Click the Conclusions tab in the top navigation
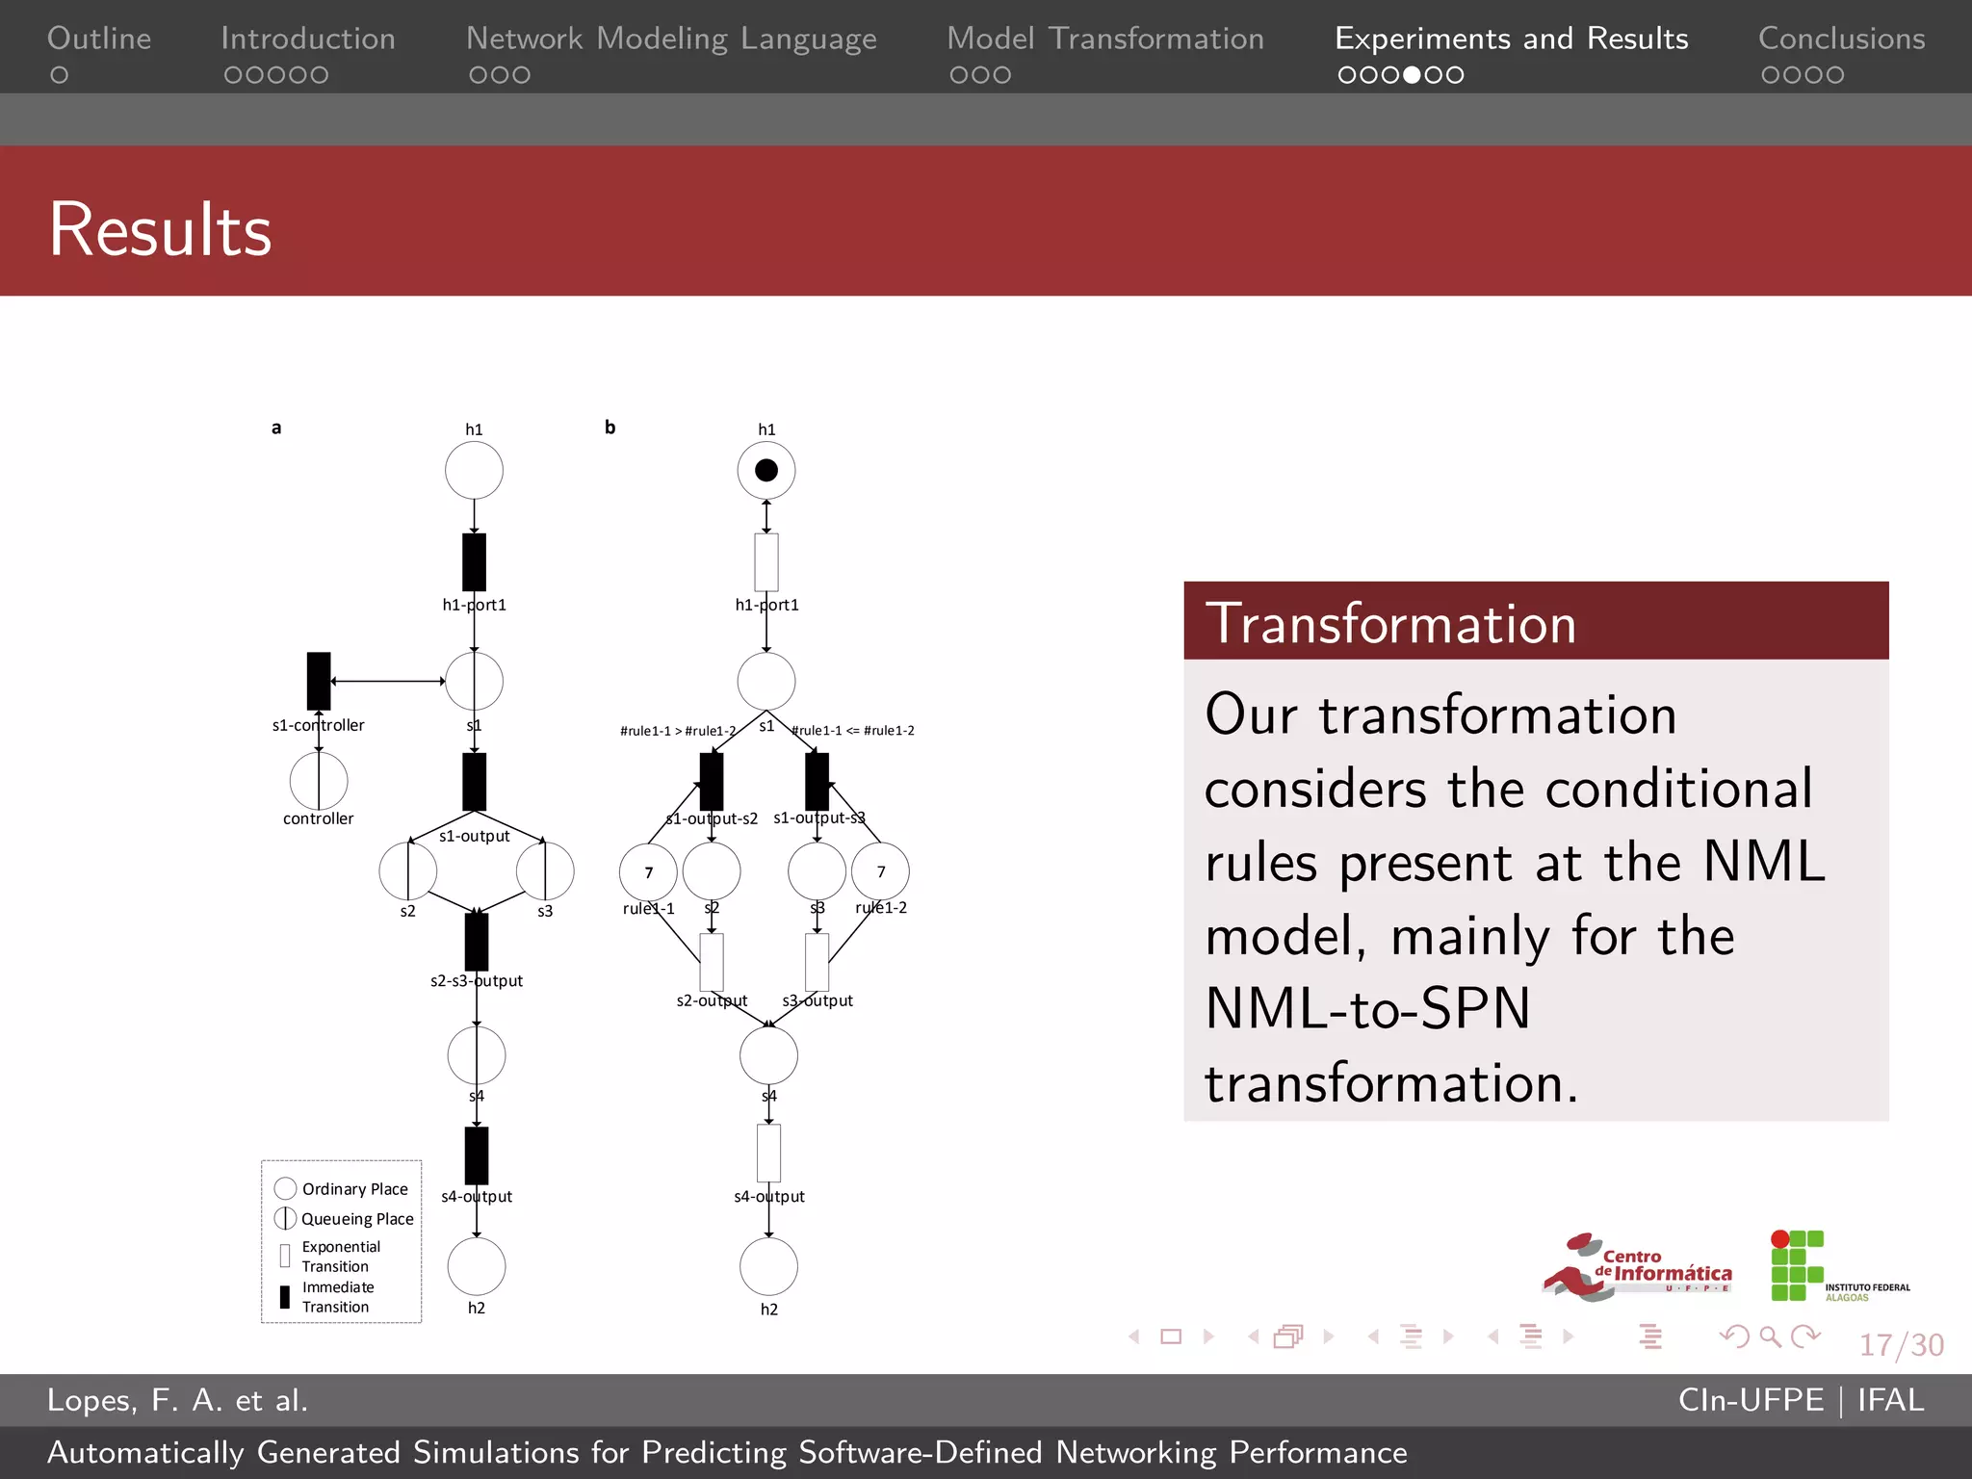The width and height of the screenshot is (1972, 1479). pyautogui.click(x=1841, y=39)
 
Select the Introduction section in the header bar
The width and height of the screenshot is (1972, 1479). pyautogui.click(x=307, y=39)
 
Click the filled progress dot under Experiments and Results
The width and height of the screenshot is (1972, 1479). pyautogui.click(x=1412, y=75)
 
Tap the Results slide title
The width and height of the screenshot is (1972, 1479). pyautogui.click(x=160, y=230)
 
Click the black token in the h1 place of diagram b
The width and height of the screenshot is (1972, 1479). pyautogui.click(x=766, y=470)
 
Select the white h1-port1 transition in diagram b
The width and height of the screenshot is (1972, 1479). pyautogui.click(x=766, y=562)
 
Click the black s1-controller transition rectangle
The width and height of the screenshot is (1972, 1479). pyautogui.click(x=319, y=681)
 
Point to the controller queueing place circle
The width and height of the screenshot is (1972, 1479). pyautogui.click(x=319, y=781)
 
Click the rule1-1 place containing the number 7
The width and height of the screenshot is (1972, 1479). pyautogui.click(x=648, y=872)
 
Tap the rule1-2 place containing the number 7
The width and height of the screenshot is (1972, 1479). pyautogui.click(x=880, y=871)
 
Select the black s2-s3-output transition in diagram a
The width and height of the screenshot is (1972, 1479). pyautogui.click(x=477, y=942)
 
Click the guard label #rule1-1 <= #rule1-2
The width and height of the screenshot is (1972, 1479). pyautogui.click(x=853, y=731)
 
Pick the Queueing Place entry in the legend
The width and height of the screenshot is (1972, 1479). pyautogui.click(x=345, y=1219)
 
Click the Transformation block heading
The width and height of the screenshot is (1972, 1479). pyautogui.click(x=1390, y=623)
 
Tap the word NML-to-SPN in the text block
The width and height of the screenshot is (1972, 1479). pyautogui.click(x=1367, y=1009)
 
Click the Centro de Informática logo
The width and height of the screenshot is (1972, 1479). pyautogui.click(x=1637, y=1267)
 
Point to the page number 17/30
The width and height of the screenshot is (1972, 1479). pyautogui.click(x=1901, y=1344)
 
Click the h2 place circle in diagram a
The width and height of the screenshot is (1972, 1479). pyautogui.click(x=477, y=1266)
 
